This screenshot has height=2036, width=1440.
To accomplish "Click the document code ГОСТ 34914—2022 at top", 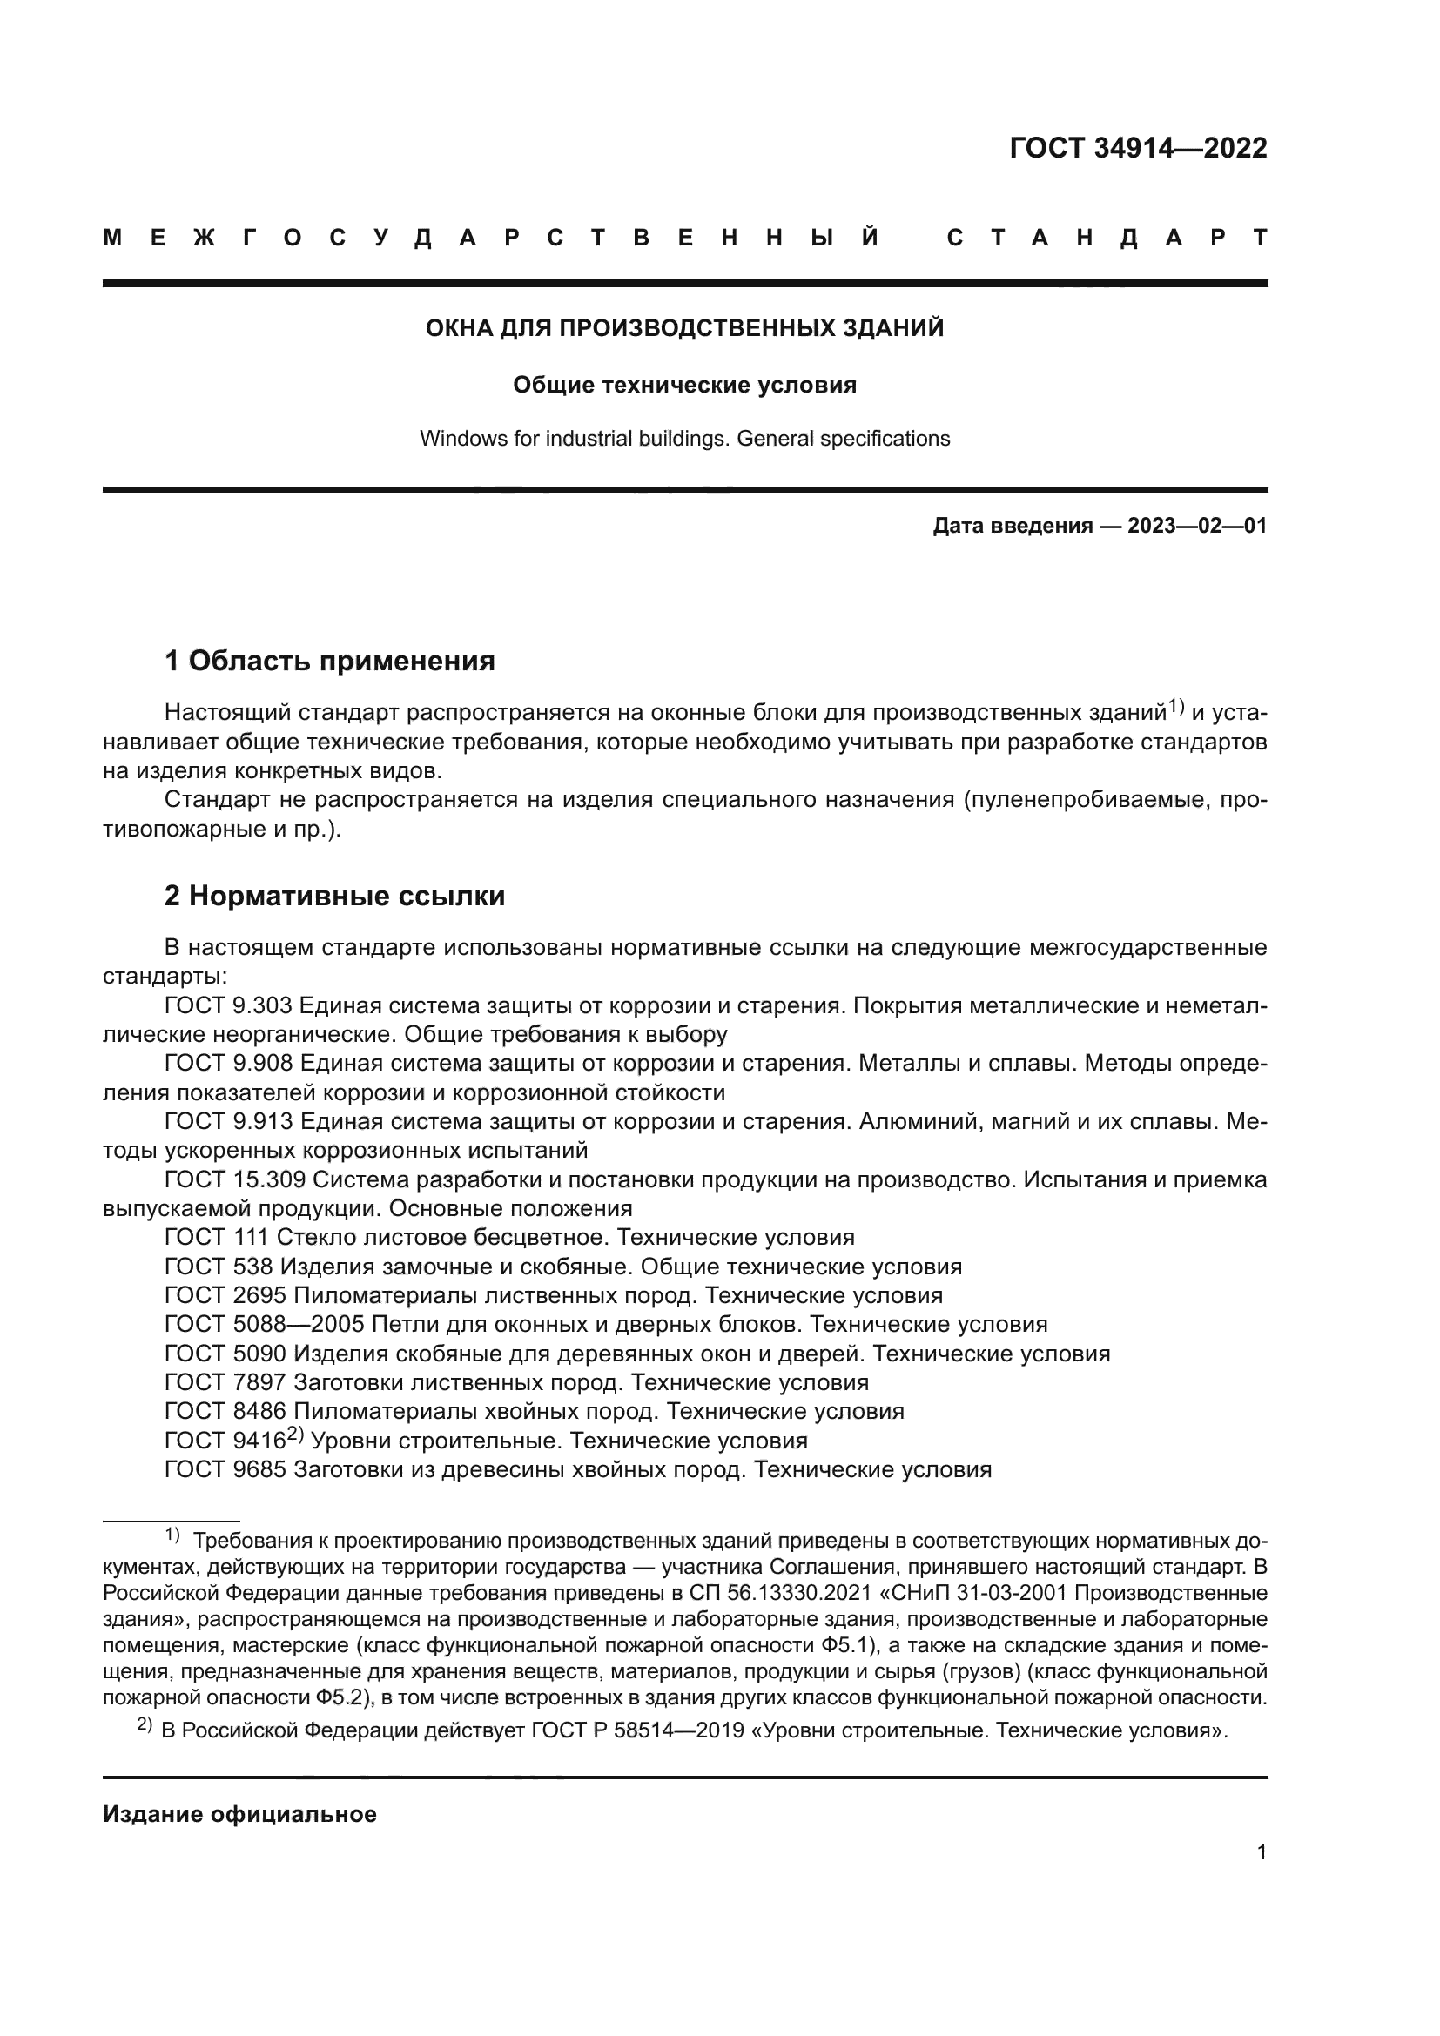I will coord(1138,148).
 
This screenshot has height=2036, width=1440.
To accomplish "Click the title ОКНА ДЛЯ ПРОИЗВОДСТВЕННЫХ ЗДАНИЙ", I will coord(684,329).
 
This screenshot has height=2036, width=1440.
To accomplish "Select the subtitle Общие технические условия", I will coord(684,385).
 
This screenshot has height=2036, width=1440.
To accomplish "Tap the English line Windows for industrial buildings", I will coord(684,439).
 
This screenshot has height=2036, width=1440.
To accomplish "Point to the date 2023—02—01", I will coord(1196,526).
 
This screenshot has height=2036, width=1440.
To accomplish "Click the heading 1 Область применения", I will coord(330,661).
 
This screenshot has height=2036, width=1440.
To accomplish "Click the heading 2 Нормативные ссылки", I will coord(334,897).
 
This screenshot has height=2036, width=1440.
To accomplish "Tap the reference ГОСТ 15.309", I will coord(235,1179).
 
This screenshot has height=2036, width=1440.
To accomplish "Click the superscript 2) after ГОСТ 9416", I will coord(295,1435).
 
